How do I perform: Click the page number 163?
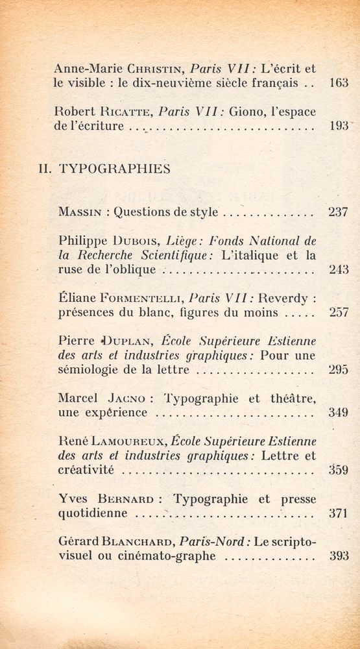(x=339, y=83)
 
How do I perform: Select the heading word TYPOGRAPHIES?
(x=115, y=169)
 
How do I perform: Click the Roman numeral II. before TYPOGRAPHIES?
(x=45, y=169)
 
